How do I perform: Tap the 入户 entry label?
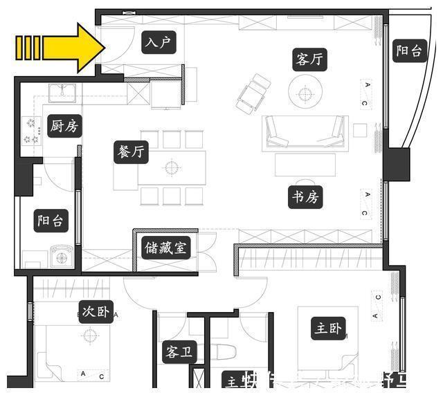tap(158, 44)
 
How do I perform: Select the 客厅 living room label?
tap(307, 59)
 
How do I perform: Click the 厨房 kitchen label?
tap(64, 127)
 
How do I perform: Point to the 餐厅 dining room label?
tap(129, 151)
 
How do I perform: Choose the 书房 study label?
tap(304, 198)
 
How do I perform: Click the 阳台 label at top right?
tap(408, 50)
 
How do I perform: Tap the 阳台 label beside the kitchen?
tap(51, 221)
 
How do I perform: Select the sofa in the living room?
tap(305, 131)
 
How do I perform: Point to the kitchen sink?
tap(64, 91)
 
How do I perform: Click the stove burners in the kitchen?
tap(31, 131)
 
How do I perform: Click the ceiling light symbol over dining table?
tap(171, 167)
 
